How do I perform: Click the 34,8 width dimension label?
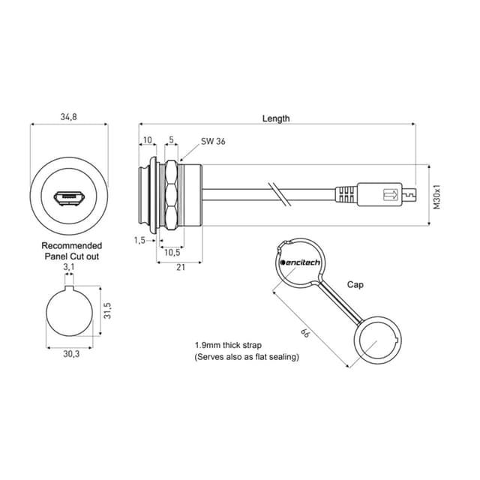pyautogui.click(x=68, y=117)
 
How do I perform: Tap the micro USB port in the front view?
pyautogui.click(x=69, y=198)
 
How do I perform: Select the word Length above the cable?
pyautogui.click(x=276, y=118)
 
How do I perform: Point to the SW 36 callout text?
pyautogui.click(x=213, y=141)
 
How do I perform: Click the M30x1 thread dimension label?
pyautogui.click(x=436, y=196)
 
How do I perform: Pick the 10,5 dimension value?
pyautogui.click(x=172, y=253)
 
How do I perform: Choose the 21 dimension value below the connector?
pyautogui.click(x=181, y=267)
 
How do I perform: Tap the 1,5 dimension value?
pyautogui.click(x=139, y=240)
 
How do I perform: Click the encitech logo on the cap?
pyautogui.click(x=300, y=262)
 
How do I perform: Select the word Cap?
pyautogui.click(x=355, y=285)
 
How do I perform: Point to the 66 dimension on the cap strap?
pyautogui.click(x=305, y=333)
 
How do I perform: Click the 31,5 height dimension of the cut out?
pyautogui.click(x=107, y=310)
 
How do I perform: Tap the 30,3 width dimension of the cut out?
pyautogui.click(x=71, y=354)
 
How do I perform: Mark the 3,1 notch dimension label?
pyautogui.click(x=69, y=267)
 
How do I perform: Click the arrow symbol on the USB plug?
pyautogui.click(x=391, y=195)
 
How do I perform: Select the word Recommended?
pyautogui.click(x=72, y=245)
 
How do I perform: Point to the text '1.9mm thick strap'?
pyautogui.click(x=228, y=345)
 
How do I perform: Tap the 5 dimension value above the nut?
pyautogui.click(x=171, y=139)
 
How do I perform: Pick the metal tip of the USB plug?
pyautogui.click(x=409, y=195)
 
